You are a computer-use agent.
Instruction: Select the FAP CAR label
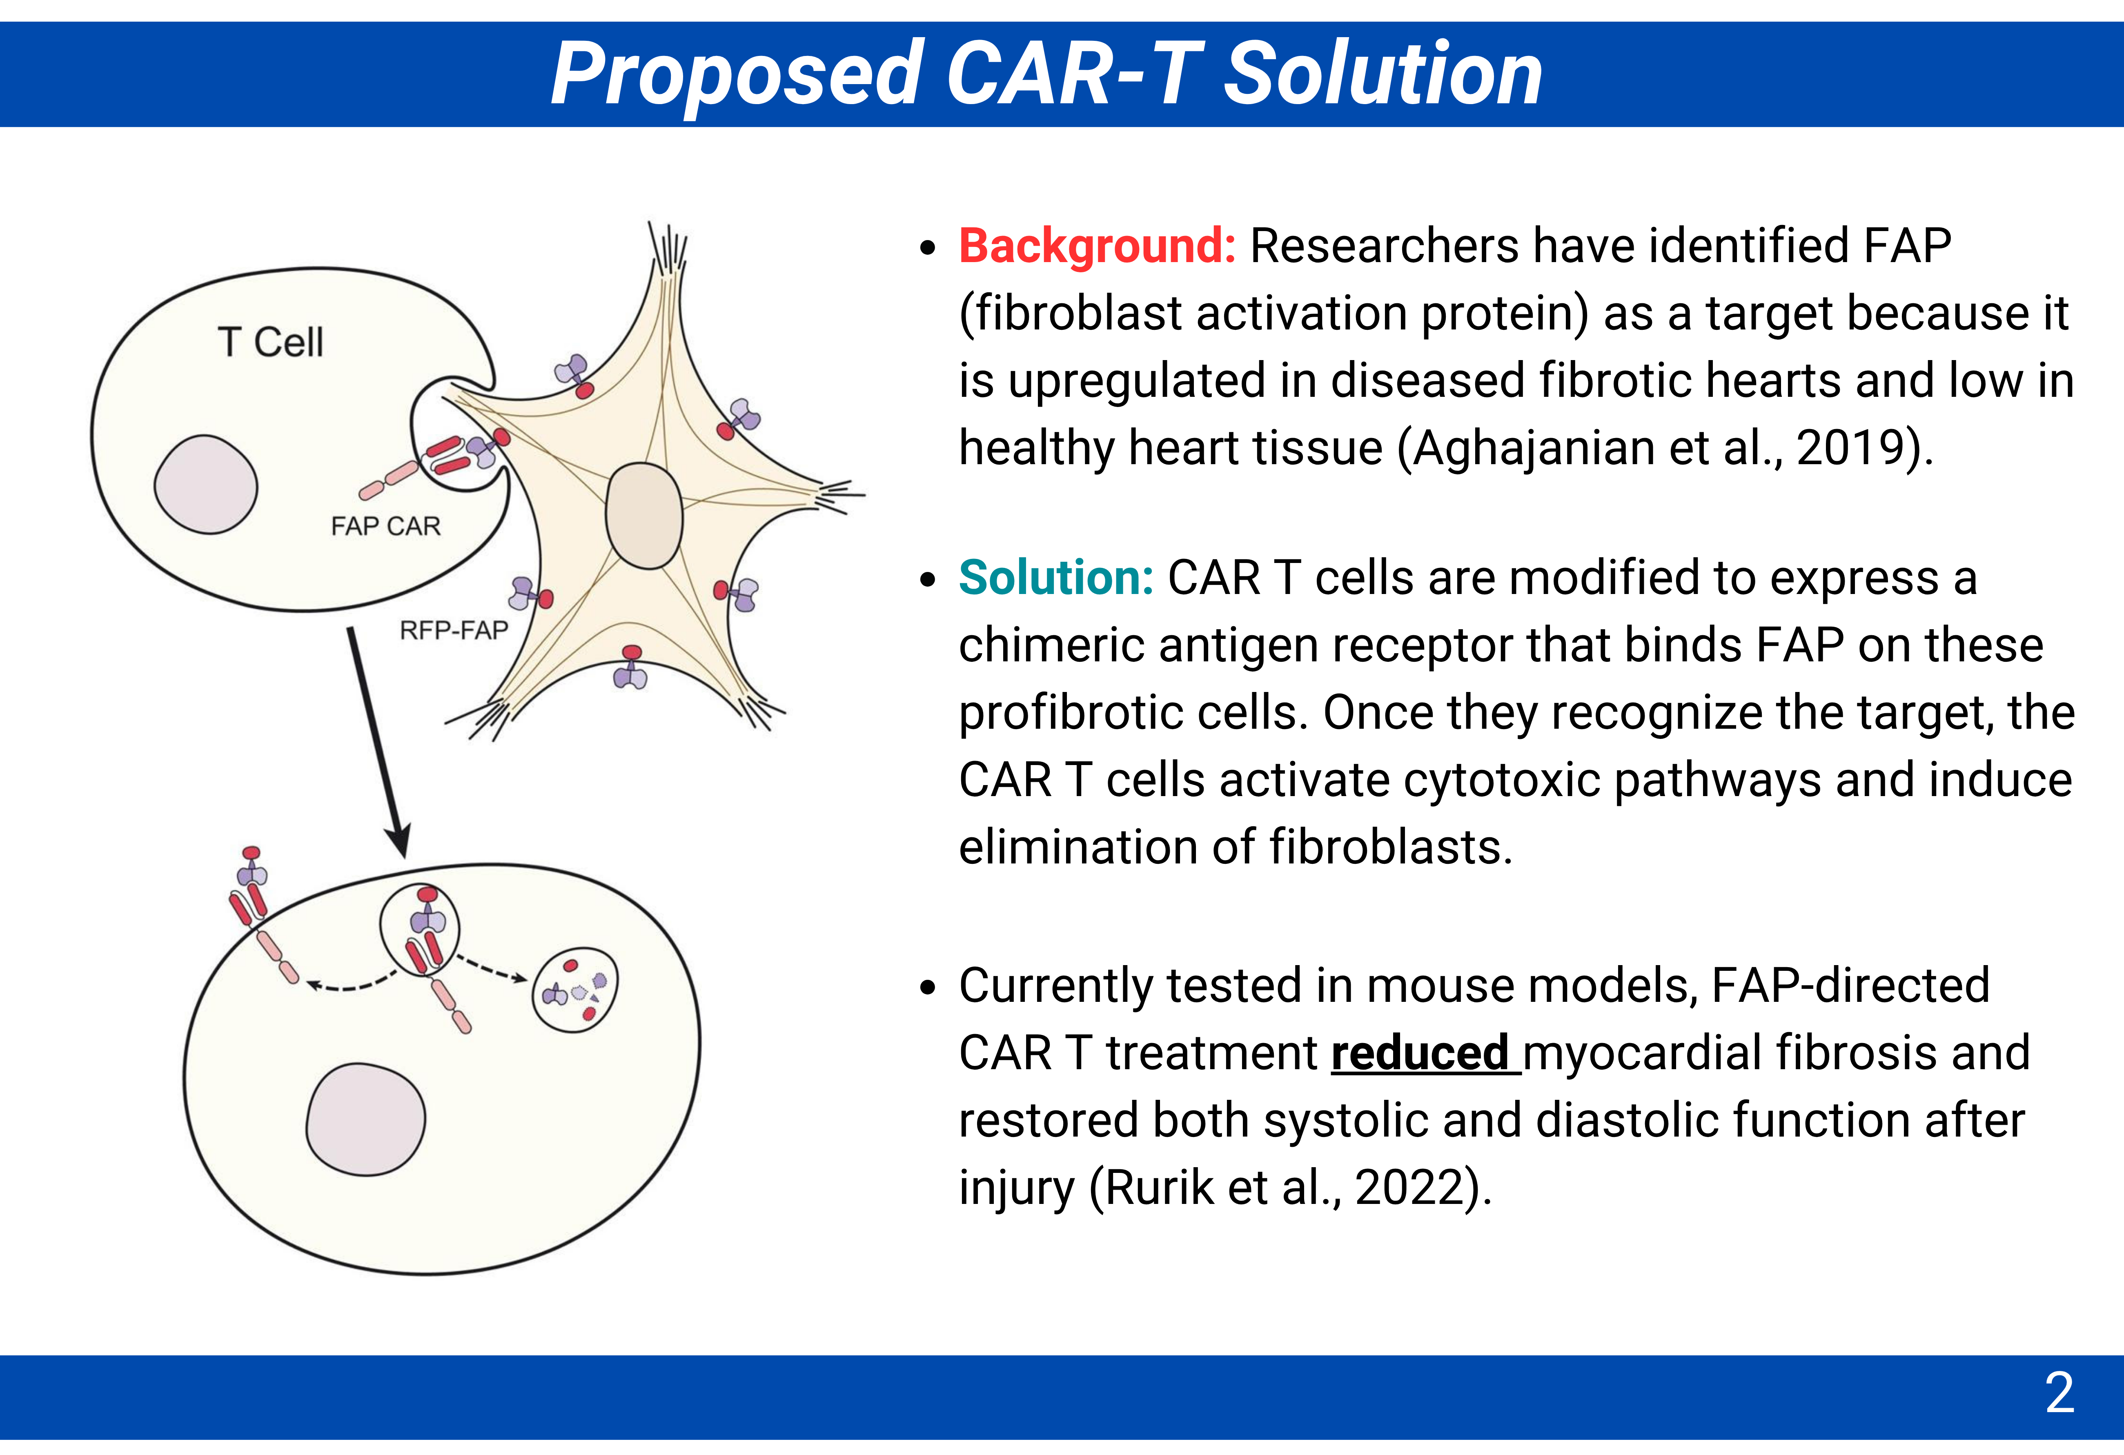386,526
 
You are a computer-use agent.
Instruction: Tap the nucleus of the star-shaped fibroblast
644,516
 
